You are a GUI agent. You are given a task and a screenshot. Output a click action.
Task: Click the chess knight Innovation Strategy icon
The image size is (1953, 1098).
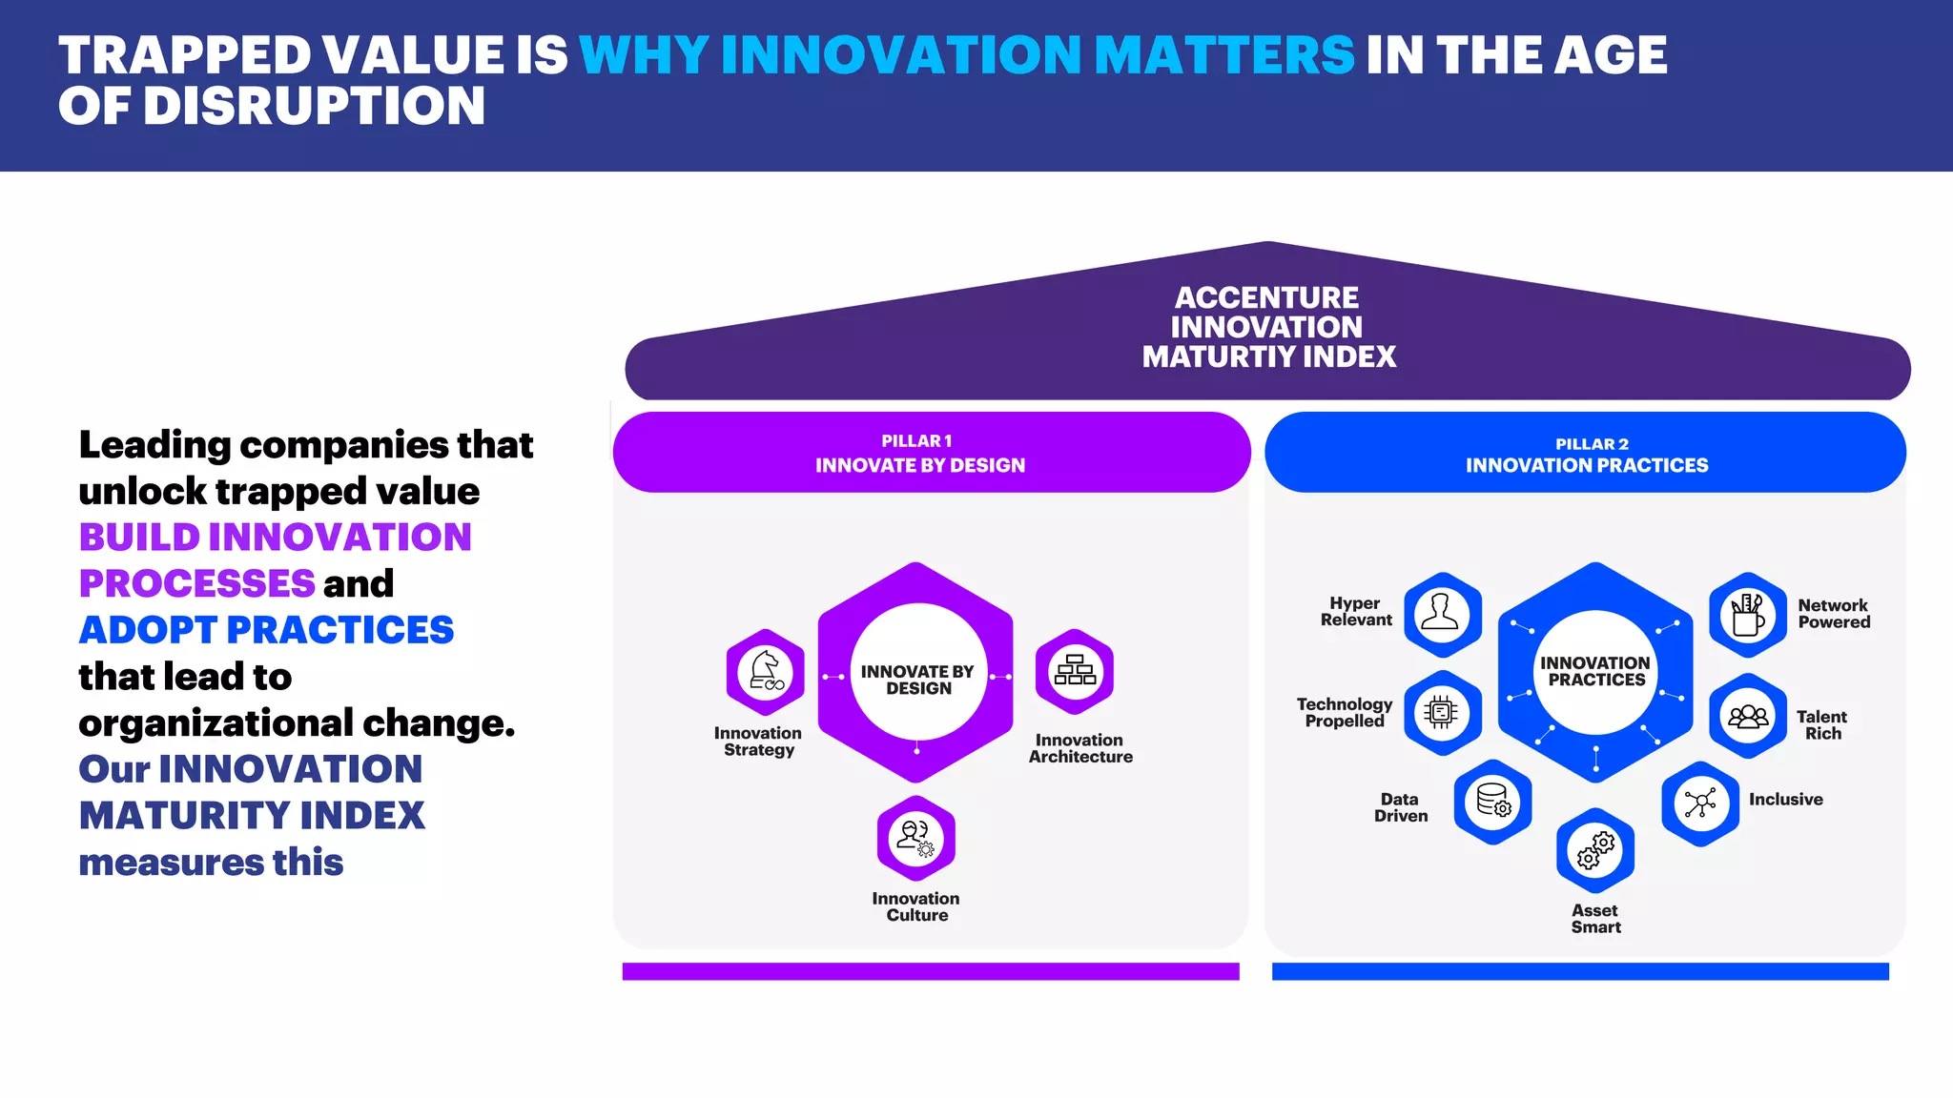(x=765, y=672)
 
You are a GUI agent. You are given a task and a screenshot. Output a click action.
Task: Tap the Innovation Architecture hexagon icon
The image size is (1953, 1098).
(x=1075, y=671)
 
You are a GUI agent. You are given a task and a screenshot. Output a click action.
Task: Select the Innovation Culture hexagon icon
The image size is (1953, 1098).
(x=916, y=838)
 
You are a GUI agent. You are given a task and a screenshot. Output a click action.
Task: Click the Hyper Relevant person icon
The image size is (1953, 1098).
(x=1442, y=614)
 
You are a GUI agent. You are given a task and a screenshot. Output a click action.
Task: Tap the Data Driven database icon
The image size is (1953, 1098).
(x=1492, y=802)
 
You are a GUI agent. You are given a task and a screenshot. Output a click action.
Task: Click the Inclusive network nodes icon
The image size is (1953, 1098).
(x=1700, y=803)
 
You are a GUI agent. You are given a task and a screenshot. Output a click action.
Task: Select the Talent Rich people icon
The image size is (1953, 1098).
(x=1748, y=716)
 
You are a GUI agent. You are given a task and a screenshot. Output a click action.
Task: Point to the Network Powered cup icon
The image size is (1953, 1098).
(x=1748, y=615)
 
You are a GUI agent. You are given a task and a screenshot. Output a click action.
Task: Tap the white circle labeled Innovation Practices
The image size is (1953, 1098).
(x=1595, y=671)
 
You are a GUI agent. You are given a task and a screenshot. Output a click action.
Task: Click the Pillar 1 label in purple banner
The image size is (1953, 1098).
(x=916, y=440)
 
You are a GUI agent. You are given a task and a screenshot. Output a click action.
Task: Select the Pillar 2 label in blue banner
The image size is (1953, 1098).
(x=1592, y=443)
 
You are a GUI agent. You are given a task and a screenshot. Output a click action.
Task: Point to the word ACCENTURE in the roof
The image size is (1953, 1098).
(x=1266, y=297)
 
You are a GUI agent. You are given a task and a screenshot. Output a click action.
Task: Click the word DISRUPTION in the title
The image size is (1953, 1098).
(x=314, y=106)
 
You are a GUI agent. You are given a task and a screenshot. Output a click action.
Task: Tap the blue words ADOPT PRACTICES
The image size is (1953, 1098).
(x=266, y=630)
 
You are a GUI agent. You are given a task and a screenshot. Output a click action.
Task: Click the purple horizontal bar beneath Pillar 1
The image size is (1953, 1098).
(x=930, y=970)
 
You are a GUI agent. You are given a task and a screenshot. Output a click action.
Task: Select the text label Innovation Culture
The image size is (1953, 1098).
(x=915, y=906)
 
